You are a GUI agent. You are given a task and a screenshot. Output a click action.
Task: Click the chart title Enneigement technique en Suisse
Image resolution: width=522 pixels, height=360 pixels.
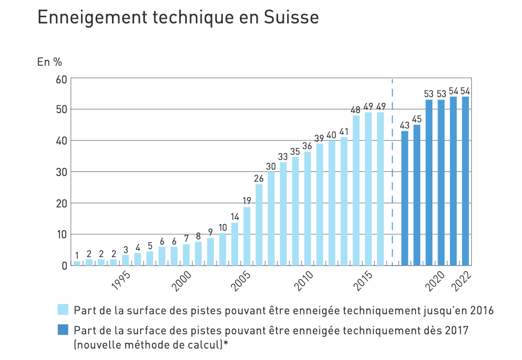click(x=178, y=18)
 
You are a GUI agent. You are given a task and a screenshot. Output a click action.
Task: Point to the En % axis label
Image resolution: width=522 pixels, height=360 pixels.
click(x=49, y=62)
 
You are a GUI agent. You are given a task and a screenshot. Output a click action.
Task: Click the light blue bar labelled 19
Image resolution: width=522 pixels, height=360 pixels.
click(x=247, y=236)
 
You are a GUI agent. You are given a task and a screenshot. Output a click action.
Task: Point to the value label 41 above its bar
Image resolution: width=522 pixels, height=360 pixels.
click(x=344, y=131)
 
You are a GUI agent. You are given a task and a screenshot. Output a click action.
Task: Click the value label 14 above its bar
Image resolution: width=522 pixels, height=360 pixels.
click(x=235, y=217)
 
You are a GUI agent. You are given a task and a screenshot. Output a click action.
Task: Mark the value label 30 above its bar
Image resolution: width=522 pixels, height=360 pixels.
click(x=271, y=166)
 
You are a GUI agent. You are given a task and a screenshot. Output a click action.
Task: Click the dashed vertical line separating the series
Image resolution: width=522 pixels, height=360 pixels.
click(x=392, y=171)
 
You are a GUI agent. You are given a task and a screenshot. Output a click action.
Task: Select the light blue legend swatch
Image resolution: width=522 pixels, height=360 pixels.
click(x=63, y=310)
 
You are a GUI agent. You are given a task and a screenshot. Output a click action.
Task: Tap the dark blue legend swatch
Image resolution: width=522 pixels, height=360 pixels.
click(x=63, y=330)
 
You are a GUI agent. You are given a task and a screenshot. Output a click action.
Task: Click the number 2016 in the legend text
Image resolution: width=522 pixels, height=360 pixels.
click(x=482, y=311)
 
